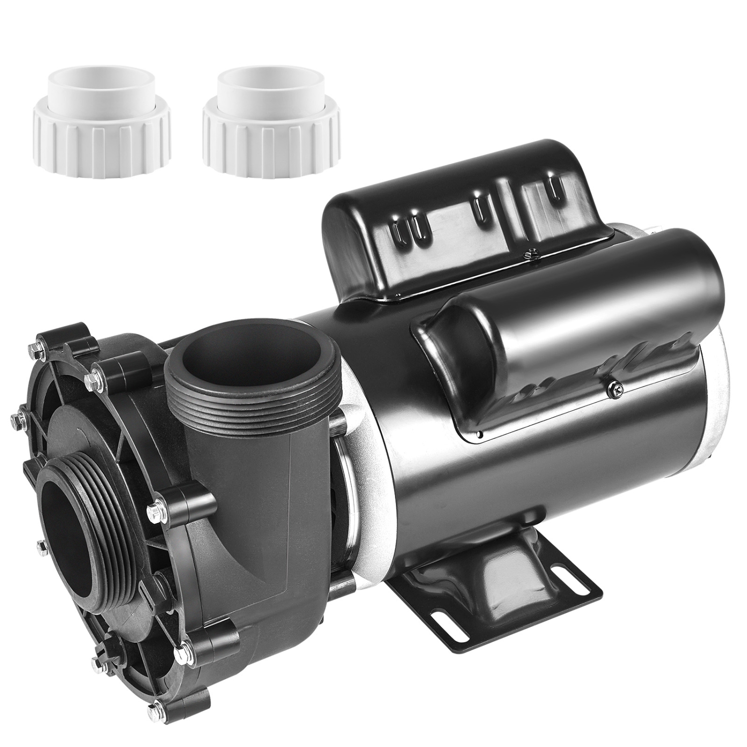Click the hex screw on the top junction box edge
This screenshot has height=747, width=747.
click(528, 255)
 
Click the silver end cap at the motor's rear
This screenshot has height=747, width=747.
click(717, 398)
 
